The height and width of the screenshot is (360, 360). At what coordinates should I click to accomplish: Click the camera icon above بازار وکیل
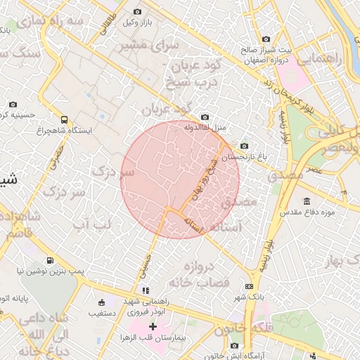pos(136,12)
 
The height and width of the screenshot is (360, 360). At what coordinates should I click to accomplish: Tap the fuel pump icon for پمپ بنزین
pos(48,259)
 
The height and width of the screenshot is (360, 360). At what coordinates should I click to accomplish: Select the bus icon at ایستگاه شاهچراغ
pos(65,120)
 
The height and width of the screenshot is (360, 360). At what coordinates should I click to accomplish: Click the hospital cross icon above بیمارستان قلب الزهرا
pos(153,328)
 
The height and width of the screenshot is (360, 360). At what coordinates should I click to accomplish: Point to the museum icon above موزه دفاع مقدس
pos(307,201)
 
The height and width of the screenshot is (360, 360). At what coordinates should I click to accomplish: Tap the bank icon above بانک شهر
pos(249,286)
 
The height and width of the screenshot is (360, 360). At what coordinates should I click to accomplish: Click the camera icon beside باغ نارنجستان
pos(244,146)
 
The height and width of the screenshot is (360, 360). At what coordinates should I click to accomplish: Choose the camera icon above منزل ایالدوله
pos(205,117)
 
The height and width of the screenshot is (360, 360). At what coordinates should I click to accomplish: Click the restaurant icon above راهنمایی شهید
pos(146,290)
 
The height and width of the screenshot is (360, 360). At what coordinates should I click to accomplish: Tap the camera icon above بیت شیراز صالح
pos(266,39)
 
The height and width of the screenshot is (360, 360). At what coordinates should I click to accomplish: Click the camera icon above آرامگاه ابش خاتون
pos(235,345)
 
